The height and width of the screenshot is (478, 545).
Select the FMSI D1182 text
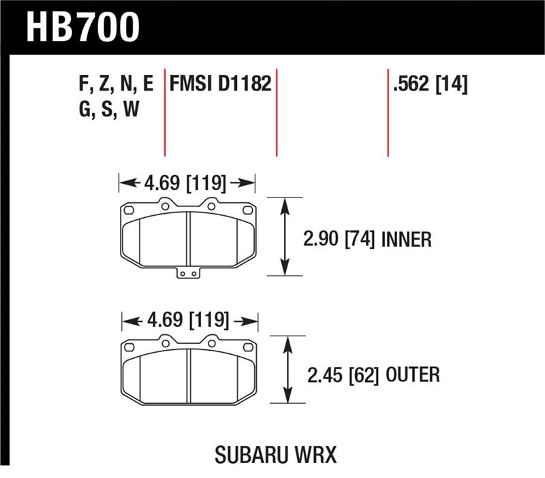[x=220, y=84]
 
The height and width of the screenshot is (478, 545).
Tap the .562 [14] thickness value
[x=430, y=84]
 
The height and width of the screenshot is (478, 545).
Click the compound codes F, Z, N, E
[x=116, y=84]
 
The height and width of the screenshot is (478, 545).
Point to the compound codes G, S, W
[x=109, y=109]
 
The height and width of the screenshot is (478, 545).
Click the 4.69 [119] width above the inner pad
[x=186, y=182]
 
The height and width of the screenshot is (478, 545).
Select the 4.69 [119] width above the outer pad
[x=189, y=320]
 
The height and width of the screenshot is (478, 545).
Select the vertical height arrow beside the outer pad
[x=287, y=370]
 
